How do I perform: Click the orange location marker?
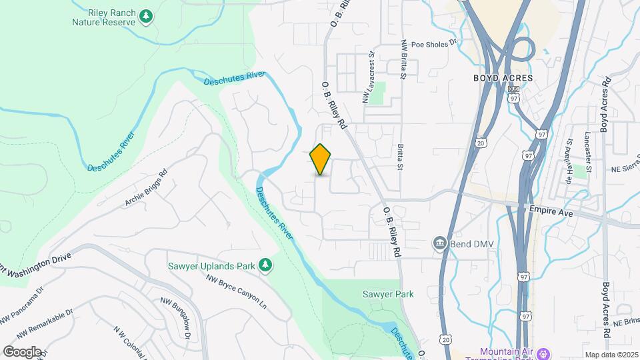point(321,159)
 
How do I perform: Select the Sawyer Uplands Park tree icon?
point(265,265)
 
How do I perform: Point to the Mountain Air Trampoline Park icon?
point(544,352)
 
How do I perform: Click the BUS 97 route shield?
point(513,94)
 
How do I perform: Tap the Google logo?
point(22,351)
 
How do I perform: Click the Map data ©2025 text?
point(610,355)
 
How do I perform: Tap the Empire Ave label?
point(551,208)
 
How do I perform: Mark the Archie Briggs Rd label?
point(145,191)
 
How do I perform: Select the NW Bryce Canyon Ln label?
point(236,293)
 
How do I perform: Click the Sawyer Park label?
point(388,294)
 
